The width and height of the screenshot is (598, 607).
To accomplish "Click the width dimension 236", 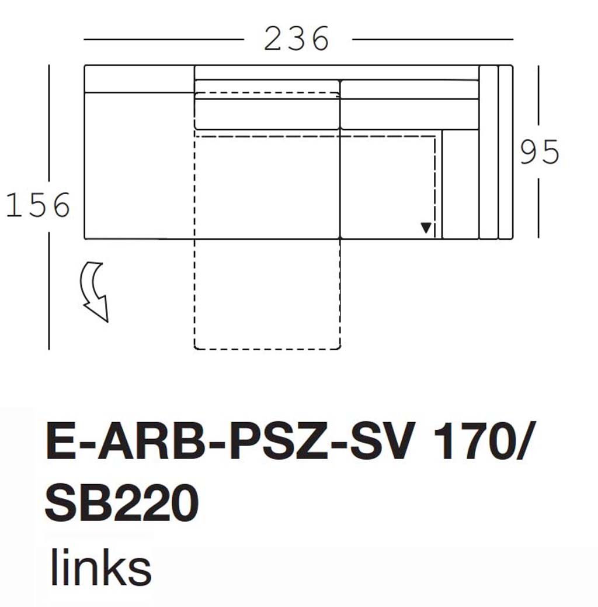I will (x=297, y=40).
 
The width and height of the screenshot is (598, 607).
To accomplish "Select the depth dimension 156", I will (x=38, y=206).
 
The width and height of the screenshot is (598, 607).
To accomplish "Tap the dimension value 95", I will (x=540, y=153).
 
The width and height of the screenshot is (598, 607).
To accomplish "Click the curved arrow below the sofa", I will (x=96, y=291).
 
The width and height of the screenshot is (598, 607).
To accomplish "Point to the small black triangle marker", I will (x=426, y=228).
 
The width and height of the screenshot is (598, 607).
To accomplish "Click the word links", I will (x=100, y=567).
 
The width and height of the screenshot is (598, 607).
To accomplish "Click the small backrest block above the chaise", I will (x=139, y=78).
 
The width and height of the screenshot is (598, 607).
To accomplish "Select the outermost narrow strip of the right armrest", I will (x=506, y=152).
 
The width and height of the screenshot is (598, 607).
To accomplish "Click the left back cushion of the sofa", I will (x=267, y=113).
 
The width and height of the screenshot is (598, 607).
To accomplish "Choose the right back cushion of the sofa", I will (x=409, y=113).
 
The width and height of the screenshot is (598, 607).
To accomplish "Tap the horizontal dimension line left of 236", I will (x=164, y=40).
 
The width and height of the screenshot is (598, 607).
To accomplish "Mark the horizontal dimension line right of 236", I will (x=432, y=40).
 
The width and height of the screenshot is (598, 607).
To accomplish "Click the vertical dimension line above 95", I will (x=538, y=99).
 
